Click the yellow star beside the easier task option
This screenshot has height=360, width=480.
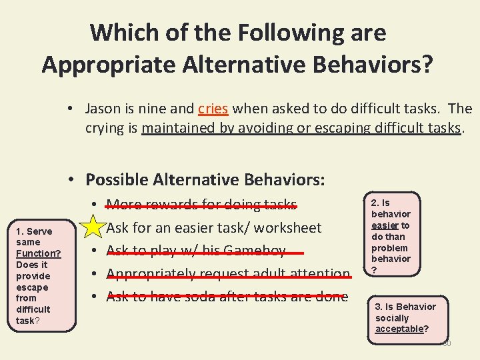pos(94,227)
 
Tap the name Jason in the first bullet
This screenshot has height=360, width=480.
pos(103,109)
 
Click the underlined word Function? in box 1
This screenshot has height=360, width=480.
pos(38,253)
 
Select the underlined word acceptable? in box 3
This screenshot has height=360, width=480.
pos(402,329)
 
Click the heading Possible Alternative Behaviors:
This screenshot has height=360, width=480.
pos(205,179)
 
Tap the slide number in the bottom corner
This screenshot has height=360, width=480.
pos(447,343)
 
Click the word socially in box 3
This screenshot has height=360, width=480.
pos(393,318)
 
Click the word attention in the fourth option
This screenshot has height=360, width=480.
pos(318,274)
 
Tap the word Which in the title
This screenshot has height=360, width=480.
pos(121,32)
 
